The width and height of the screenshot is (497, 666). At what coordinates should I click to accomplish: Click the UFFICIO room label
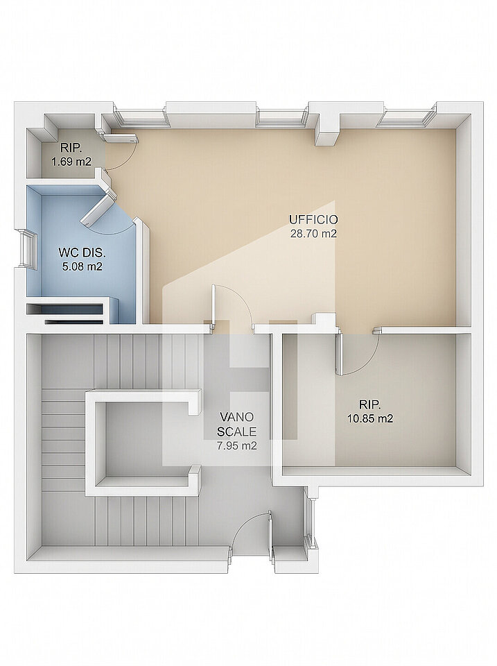313,220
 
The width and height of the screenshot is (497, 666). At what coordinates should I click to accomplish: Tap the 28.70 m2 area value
313,233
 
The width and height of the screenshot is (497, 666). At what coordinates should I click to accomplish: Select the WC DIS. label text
82,253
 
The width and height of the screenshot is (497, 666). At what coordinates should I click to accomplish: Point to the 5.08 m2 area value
82,266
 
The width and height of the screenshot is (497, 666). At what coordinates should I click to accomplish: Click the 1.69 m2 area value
71,162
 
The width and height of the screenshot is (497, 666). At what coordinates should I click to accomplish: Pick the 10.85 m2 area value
370,418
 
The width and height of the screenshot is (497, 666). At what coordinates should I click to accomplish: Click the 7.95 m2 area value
237,445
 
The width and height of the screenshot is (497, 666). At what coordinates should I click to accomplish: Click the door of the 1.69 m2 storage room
121,137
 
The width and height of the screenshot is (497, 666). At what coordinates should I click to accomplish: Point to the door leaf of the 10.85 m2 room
339,353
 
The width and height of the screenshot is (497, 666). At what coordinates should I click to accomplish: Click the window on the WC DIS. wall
26,249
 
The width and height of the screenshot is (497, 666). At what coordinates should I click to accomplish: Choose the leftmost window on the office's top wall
140,118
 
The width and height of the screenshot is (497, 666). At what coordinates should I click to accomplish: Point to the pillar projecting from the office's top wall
328,130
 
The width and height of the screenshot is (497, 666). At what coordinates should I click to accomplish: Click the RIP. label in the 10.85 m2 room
369,404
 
